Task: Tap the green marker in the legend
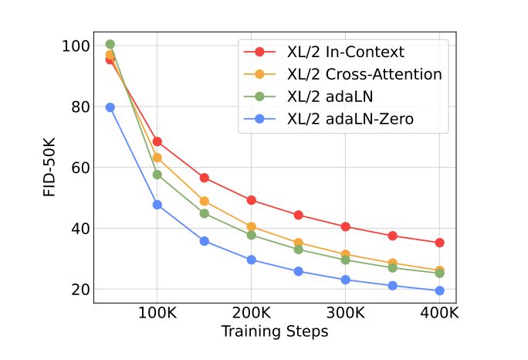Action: click(259, 97)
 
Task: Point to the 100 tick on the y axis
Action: click(75, 46)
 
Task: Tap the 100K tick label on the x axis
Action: click(157, 314)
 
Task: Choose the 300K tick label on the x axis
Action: click(345, 314)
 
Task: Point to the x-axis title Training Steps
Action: click(275, 332)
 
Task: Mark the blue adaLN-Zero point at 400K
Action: click(439, 291)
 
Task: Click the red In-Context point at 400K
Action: click(439, 243)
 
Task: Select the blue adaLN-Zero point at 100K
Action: click(157, 205)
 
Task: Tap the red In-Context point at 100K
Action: click(157, 141)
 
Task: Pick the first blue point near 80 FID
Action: click(110, 107)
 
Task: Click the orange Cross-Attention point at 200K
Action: click(252, 227)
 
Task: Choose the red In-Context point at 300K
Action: click(345, 226)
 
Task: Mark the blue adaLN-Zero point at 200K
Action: click(252, 260)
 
